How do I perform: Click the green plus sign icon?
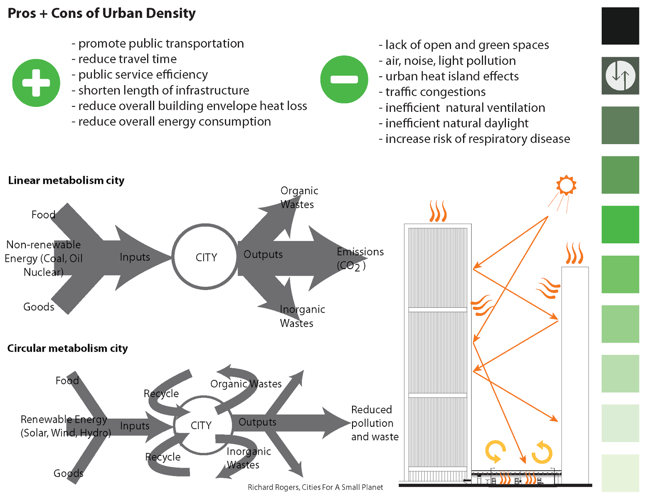point(36,83)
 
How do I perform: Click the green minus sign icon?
point(344,79)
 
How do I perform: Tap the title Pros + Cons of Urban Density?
point(101,13)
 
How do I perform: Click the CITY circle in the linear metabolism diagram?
point(206,257)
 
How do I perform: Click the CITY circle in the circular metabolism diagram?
point(201,425)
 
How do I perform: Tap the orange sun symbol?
point(566,185)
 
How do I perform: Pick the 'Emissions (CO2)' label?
point(359,259)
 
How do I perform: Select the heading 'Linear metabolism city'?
point(66,180)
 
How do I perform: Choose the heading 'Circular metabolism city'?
point(67,348)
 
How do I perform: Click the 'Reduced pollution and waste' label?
point(374,423)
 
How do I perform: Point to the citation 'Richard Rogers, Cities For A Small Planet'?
point(315,487)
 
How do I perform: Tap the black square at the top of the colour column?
point(620,26)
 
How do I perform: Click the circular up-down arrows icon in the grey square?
point(620,75)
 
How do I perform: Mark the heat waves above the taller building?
point(438,211)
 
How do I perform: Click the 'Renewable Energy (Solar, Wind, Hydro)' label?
point(65,426)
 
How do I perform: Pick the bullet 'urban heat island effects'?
point(451,76)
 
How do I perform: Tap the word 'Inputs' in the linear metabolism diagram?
point(135,257)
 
